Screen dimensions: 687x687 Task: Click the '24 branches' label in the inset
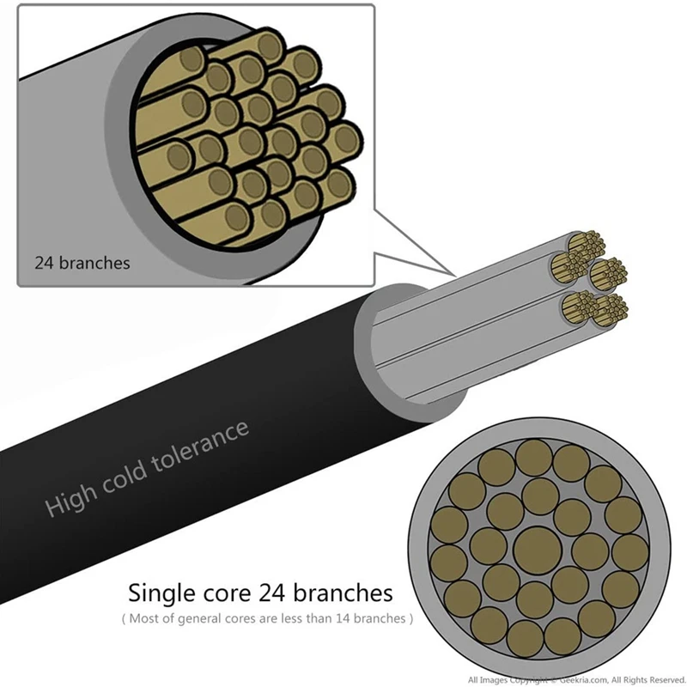point(82,263)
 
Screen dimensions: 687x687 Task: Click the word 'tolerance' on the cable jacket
point(207,443)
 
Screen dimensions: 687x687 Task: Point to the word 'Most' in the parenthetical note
point(147,617)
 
